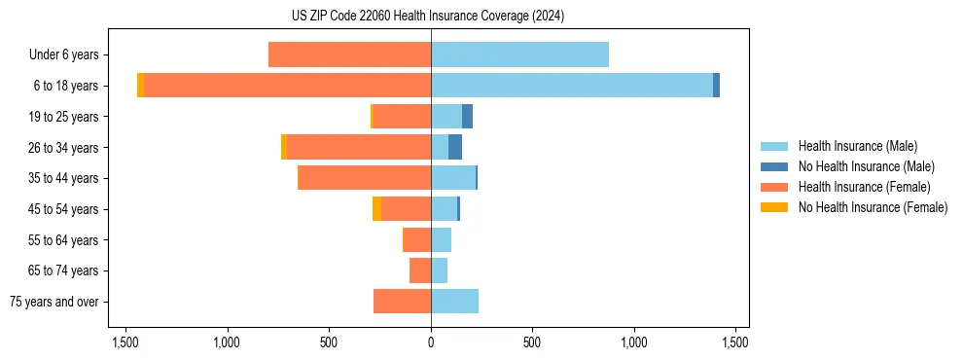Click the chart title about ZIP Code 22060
point(427,17)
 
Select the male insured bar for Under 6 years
point(519,54)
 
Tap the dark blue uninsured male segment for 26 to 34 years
point(455,147)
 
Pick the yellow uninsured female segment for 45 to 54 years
point(376,209)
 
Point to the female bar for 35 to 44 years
point(364,178)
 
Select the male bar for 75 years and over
point(454,302)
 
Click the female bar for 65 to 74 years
point(420,270)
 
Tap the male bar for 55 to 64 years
point(441,239)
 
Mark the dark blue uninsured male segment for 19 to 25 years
point(467,117)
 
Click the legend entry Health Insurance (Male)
point(857,146)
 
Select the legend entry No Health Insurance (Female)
point(873,207)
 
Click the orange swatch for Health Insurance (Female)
point(774,187)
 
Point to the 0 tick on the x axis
point(431,342)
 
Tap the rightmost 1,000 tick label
point(634,342)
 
